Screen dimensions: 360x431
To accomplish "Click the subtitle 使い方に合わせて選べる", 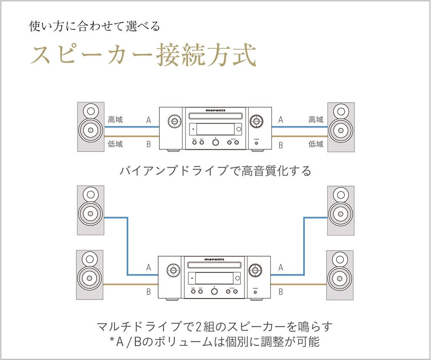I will point(94,26).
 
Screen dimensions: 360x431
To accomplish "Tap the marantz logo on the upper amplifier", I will point(215,111).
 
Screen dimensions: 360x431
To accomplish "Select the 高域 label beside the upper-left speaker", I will point(115,120).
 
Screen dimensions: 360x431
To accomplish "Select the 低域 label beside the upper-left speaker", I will point(115,144).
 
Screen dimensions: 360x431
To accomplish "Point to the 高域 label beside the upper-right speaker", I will point(316,120).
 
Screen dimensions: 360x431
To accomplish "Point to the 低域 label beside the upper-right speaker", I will point(316,144).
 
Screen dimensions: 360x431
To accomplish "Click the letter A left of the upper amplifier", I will point(149,120).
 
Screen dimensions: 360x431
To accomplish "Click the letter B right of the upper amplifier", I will point(281,145).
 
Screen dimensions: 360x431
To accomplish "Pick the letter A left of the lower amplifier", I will point(149,267).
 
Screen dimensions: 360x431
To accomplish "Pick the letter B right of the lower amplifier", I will point(281,291).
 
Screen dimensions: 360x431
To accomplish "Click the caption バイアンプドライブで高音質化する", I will point(215,171).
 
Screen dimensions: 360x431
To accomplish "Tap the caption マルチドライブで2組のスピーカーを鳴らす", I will point(215,327).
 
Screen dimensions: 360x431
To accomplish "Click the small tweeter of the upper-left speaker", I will point(90,112).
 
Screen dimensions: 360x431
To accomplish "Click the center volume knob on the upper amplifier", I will point(215,142).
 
